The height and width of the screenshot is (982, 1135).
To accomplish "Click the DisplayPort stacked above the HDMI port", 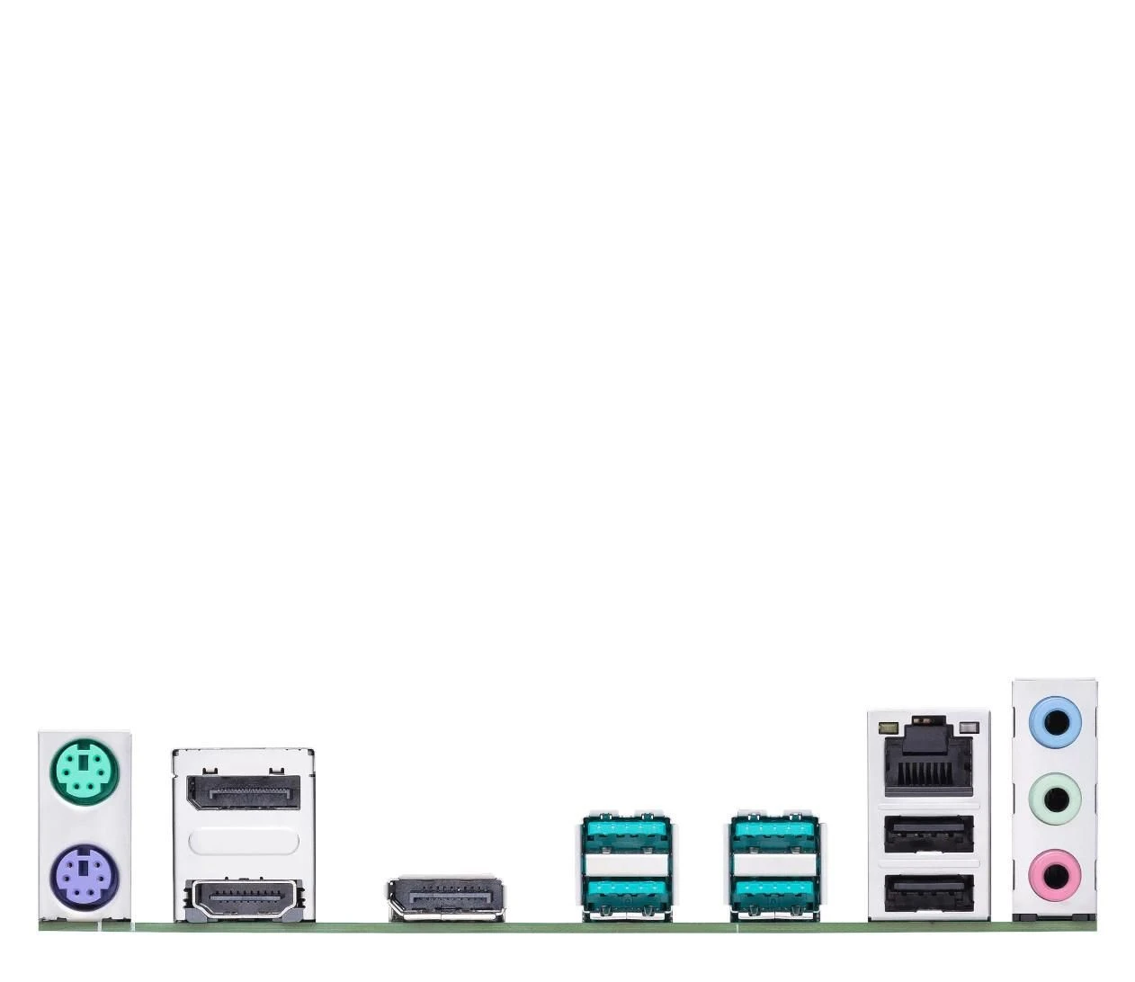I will [x=243, y=789].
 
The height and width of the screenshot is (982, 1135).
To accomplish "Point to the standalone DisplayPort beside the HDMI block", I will [x=445, y=897].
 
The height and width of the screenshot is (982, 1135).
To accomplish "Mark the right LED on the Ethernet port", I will [x=968, y=726].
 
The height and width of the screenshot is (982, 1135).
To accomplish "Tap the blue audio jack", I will [x=1054, y=722].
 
